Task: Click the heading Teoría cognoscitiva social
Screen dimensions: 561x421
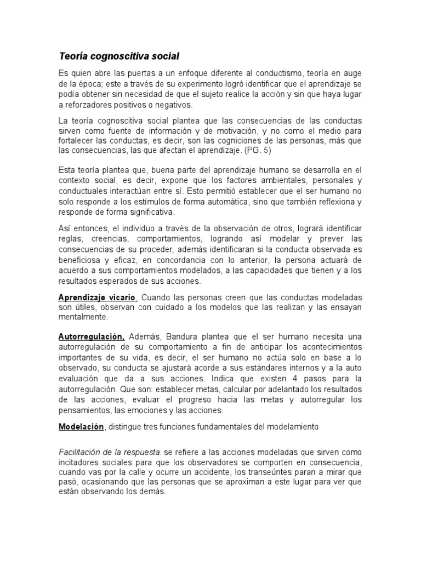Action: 119,56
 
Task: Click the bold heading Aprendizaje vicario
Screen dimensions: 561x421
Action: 96,297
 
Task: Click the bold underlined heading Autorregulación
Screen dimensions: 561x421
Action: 92,336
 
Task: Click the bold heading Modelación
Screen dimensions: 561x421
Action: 81,426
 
